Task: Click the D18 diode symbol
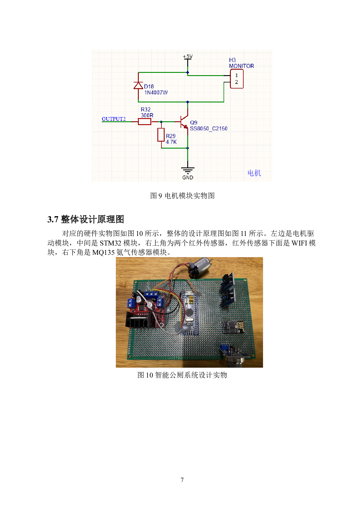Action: [x=138, y=85]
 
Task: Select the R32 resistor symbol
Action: [x=144, y=122]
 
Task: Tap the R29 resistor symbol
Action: [x=161, y=135]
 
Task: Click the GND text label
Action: [x=188, y=178]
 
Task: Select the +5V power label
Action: [x=188, y=56]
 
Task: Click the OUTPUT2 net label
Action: [x=114, y=119]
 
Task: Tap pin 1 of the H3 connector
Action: [x=236, y=75]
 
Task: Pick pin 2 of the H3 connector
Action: [x=236, y=82]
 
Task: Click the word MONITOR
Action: [x=241, y=66]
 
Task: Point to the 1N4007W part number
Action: [x=156, y=93]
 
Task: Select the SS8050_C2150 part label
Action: [x=208, y=129]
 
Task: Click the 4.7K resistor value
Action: [x=171, y=142]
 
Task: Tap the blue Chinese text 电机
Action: [x=254, y=173]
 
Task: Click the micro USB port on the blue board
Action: [x=189, y=294]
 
